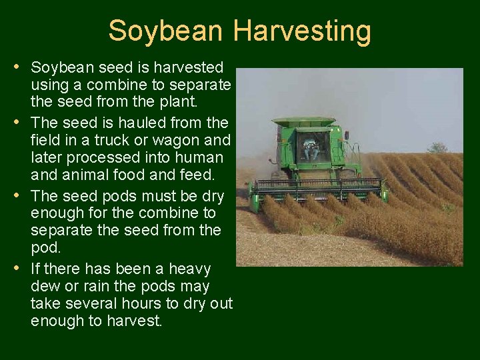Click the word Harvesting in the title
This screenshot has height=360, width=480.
click(302, 31)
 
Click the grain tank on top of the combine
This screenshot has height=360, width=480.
click(304, 122)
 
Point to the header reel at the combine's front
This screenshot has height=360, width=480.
click(319, 185)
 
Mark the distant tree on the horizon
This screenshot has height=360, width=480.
click(437, 147)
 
